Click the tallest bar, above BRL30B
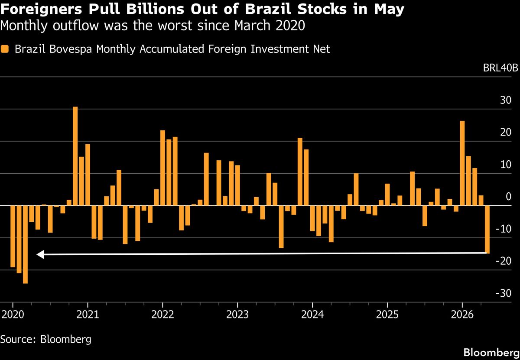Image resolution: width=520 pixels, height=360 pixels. pyautogui.click(x=75, y=156)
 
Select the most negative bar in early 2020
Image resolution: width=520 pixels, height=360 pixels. pyautogui.click(x=25, y=244)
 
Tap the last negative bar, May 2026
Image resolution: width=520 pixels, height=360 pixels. pyautogui.click(x=487, y=230)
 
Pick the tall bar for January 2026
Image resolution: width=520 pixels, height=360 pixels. pyautogui.click(x=462, y=163)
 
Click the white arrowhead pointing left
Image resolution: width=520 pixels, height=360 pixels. pyautogui.click(x=40, y=254)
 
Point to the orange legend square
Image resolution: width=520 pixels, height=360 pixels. pyautogui.click(x=5, y=49)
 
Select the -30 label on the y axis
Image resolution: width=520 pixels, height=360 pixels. pyautogui.click(x=504, y=293)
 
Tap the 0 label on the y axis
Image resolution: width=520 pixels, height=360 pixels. pyautogui.click(x=508, y=197)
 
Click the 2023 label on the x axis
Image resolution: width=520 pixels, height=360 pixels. pyautogui.click(x=237, y=315)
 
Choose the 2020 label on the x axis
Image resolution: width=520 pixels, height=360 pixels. pyautogui.click(x=13, y=315)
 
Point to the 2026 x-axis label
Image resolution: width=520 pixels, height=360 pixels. pyautogui.click(x=462, y=315)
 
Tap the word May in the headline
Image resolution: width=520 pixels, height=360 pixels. pyautogui.click(x=389, y=10)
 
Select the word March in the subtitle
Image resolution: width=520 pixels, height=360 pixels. pyautogui.click(x=252, y=25)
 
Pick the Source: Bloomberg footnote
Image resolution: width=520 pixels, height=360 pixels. pyautogui.click(x=46, y=339)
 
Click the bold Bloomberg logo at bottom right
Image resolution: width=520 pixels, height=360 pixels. pyautogui.click(x=491, y=352)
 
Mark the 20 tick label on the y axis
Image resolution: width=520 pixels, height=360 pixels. pyautogui.click(x=506, y=132)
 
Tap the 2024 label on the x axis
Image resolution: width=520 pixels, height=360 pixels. pyautogui.click(x=312, y=315)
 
